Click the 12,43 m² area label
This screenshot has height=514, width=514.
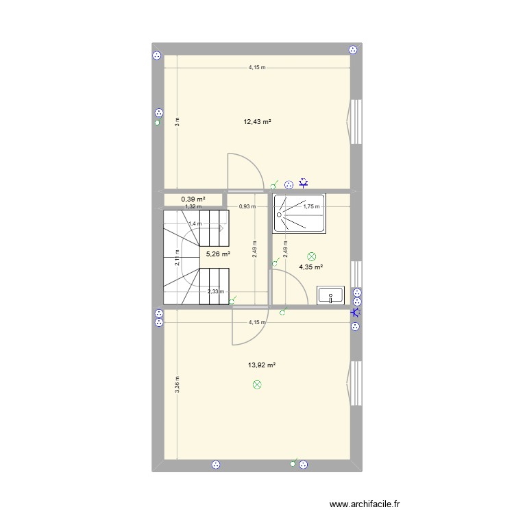click(257, 122)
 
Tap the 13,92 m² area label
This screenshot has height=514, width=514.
click(262, 365)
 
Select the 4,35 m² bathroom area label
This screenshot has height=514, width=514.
click(310, 267)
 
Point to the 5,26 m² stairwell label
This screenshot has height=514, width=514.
click(218, 254)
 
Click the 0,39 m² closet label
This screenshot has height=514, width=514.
click(193, 199)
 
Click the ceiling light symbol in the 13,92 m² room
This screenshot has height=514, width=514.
click(258, 385)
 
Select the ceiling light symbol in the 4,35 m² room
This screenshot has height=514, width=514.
click(313, 255)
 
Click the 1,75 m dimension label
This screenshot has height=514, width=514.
click(312, 206)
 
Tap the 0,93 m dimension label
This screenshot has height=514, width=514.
click(247, 206)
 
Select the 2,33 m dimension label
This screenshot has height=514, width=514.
click(216, 292)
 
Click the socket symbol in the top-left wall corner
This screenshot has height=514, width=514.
click(157, 55)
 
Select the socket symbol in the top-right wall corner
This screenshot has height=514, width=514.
click(352, 49)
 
